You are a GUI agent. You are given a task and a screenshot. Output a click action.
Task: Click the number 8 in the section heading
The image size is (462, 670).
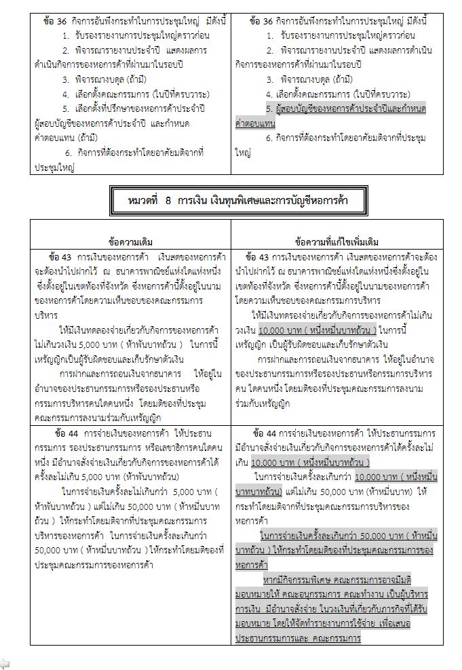(x=166, y=201)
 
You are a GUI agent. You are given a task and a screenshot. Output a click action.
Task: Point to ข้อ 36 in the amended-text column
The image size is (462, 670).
(x=261, y=22)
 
